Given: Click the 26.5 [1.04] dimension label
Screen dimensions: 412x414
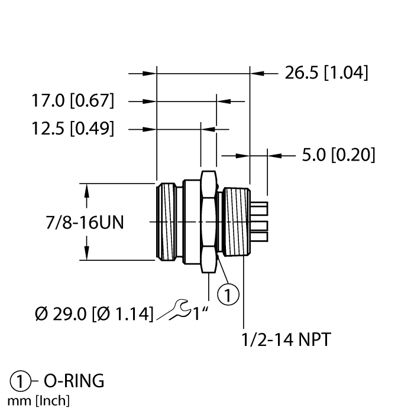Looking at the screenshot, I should coord(326,73).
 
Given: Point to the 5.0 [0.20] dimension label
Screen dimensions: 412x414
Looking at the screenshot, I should coord(338,155).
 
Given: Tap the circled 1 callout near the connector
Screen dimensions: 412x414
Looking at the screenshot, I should coord(229,293).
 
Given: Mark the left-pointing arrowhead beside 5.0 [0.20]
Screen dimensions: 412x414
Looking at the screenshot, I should coord(274,156).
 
